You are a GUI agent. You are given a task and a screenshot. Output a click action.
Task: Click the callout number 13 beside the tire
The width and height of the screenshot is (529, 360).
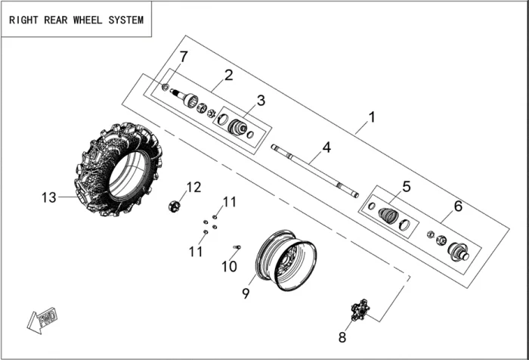pyautogui.click(x=48, y=198)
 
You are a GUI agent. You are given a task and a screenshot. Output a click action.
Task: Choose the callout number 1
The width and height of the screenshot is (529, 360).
pyautogui.click(x=371, y=118)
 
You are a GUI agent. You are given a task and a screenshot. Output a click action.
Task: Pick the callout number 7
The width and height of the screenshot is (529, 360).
pyautogui.click(x=184, y=57)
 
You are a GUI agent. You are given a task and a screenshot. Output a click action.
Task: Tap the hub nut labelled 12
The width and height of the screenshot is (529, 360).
pyautogui.click(x=175, y=205)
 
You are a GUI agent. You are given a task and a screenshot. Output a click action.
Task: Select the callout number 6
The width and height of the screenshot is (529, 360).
pyautogui.click(x=457, y=205)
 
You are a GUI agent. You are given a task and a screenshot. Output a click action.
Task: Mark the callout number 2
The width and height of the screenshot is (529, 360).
pyautogui.click(x=228, y=74)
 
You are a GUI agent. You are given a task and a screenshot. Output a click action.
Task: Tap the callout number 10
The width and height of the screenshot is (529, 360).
pyautogui.click(x=229, y=266)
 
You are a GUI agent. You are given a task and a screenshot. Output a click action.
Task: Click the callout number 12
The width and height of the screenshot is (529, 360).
pyautogui.click(x=194, y=187)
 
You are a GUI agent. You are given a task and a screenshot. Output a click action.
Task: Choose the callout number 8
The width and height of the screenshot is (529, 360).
pyautogui.click(x=342, y=337)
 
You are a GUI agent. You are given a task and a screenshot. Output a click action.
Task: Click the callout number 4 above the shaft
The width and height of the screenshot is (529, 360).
pyautogui.click(x=326, y=147)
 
